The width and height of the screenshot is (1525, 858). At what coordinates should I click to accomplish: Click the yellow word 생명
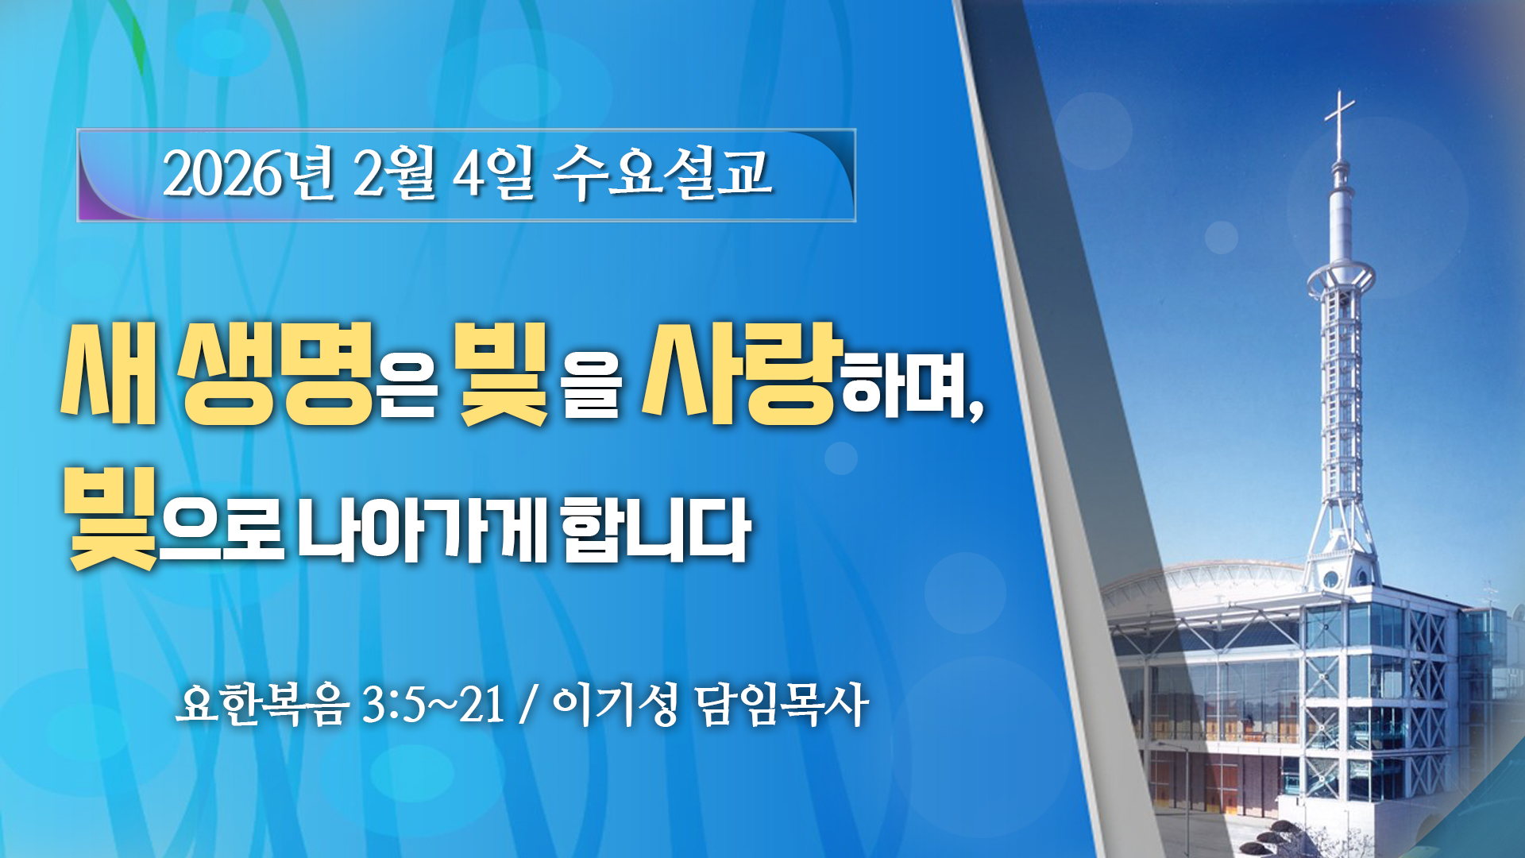(x=276, y=373)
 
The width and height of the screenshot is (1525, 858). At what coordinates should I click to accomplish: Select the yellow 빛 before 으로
(x=111, y=518)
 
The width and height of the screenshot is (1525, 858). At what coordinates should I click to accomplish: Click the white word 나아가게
(x=422, y=529)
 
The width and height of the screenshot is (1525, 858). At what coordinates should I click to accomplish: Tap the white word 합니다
(x=656, y=529)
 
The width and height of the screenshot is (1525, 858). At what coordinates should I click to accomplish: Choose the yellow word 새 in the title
(x=110, y=373)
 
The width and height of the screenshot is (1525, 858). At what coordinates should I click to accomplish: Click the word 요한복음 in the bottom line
(x=262, y=704)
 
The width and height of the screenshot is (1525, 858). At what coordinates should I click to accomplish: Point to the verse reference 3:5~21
(x=434, y=704)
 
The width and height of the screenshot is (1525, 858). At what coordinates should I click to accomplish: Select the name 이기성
(x=615, y=704)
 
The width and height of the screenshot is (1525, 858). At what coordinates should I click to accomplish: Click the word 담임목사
(x=782, y=704)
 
